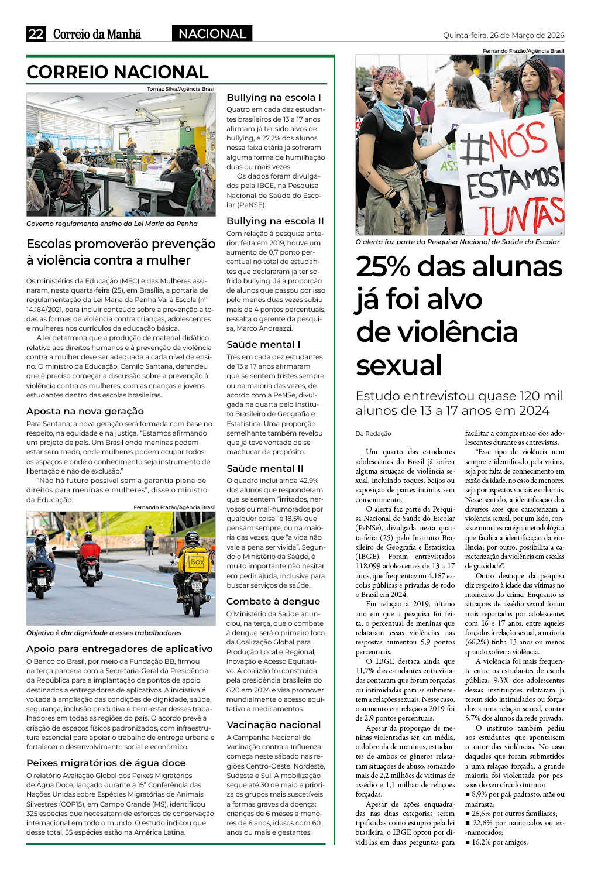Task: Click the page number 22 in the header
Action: click(x=36, y=34)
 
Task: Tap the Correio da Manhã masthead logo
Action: click(x=97, y=34)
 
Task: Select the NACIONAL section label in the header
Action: click(x=212, y=34)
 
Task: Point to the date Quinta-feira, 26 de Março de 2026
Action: click(x=503, y=35)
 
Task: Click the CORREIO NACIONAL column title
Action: click(x=118, y=72)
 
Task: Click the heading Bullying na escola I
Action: click(x=274, y=97)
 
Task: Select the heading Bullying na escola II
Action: click(x=275, y=221)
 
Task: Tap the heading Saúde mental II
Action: click(x=265, y=468)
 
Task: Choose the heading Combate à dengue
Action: click(x=273, y=601)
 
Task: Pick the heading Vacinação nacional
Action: click(x=274, y=725)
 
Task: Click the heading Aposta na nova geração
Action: click(x=85, y=411)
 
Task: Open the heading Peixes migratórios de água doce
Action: click(x=106, y=763)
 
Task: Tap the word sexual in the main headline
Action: click(x=399, y=365)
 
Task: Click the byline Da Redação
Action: click(x=373, y=433)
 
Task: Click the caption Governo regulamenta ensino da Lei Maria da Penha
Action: click(x=112, y=224)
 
